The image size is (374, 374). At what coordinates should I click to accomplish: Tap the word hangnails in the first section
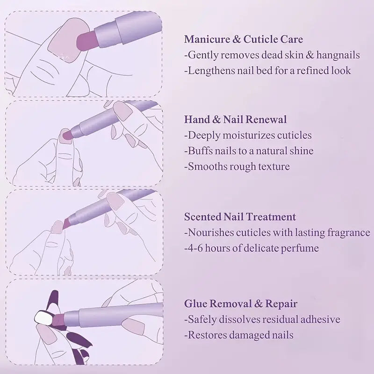point(338,55)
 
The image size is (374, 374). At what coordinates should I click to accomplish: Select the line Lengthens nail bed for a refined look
point(267,71)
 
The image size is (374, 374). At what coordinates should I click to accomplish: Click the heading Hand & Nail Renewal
point(235,120)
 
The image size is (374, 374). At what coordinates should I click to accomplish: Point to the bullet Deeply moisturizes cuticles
point(248,136)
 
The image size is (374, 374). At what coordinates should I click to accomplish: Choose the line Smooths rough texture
point(237,166)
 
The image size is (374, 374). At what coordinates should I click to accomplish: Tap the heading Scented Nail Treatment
point(240,217)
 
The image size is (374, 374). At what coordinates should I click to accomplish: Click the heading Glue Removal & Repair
point(240,304)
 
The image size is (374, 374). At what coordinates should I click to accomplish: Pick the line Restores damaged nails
point(239,335)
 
